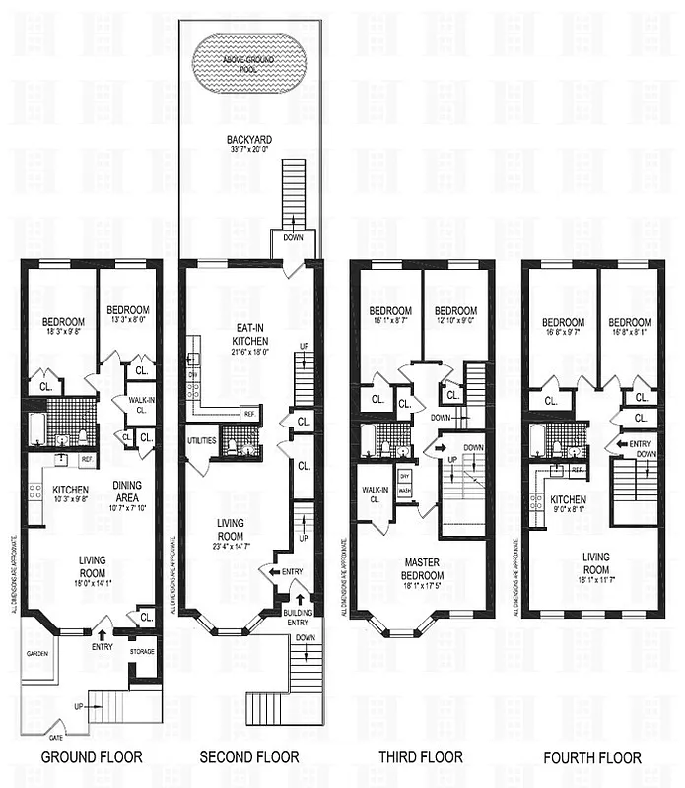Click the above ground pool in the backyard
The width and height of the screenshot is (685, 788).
pyautogui.click(x=250, y=60)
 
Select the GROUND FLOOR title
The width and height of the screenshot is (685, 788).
pyautogui.click(x=91, y=757)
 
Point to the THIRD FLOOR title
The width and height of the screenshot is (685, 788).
pyautogui.click(x=421, y=757)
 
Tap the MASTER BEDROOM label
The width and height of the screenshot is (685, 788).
pyautogui.click(x=422, y=569)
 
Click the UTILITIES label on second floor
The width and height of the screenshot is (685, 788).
pyautogui.click(x=202, y=440)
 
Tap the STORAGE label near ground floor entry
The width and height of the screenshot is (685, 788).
pyautogui.click(x=142, y=651)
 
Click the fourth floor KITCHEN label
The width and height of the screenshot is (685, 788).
pyautogui.click(x=568, y=499)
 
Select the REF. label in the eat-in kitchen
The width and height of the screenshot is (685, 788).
pyautogui.click(x=248, y=413)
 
